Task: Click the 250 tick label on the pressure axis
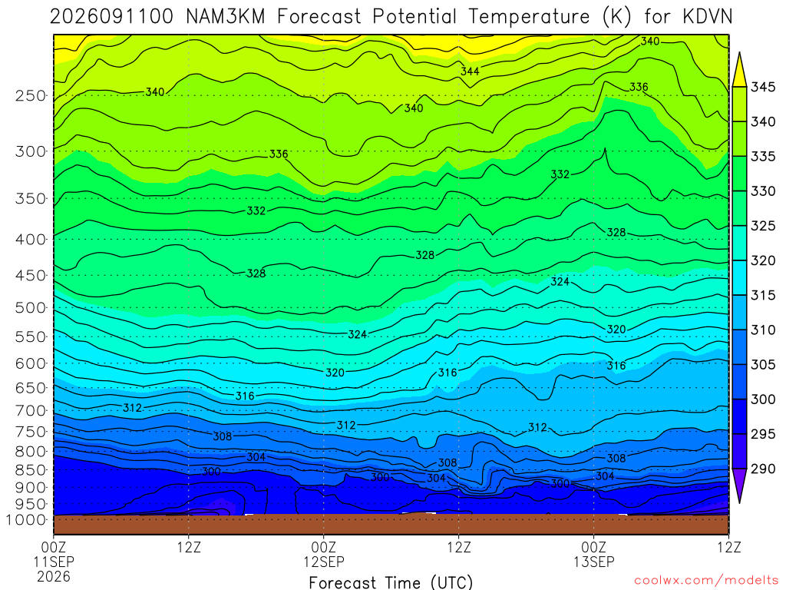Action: pos(30,95)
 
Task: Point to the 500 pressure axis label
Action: pos(30,307)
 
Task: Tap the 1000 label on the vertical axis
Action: pos(25,520)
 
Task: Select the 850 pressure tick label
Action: pos(30,470)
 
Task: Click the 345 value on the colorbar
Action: pos(762,87)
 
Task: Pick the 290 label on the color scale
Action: pos(762,469)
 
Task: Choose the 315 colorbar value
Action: pos(762,295)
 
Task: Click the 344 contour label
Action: pos(471,71)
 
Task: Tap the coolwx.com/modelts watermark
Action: pos(706,580)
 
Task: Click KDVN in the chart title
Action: pos(707,17)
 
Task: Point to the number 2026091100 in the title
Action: pos(111,17)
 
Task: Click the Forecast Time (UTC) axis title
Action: pos(391,582)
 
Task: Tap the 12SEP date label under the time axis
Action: pos(324,562)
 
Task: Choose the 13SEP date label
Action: pos(594,562)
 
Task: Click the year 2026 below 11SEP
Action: pos(54,576)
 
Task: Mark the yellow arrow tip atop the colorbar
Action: pos(739,52)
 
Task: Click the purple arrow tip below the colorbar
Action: pos(739,502)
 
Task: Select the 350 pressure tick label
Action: pos(30,198)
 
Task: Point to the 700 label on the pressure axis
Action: pos(30,410)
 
